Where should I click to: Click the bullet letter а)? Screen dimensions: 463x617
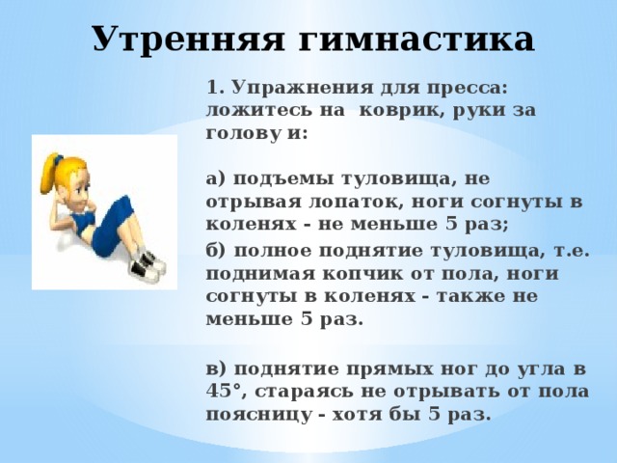pos(216,179)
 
